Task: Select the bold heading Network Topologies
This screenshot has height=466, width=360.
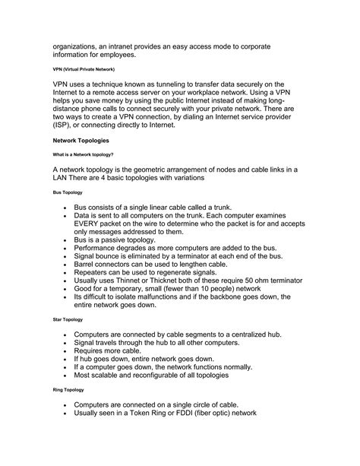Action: coord(81,141)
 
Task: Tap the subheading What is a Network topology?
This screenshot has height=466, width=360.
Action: coord(83,154)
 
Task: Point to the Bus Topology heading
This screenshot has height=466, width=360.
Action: coord(68,193)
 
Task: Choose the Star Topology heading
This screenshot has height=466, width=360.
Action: coord(68,320)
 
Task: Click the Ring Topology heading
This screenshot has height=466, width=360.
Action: coord(68,389)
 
